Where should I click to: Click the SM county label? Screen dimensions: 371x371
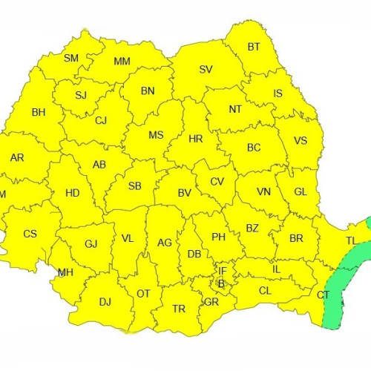click(x=71, y=58)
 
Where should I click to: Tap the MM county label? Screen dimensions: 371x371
click(x=122, y=61)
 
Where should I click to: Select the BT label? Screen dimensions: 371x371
click(x=254, y=47)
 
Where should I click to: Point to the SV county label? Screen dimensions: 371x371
click(x=206, y=70)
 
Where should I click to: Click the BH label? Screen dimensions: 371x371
click(x=39, y=113)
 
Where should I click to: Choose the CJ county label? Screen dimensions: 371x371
click(x=101, y=120)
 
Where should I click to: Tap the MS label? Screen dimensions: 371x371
click(x=156, y=135)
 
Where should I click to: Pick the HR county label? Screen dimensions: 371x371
click(x=196, y=139)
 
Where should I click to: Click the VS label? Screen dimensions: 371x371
click(x=301, y=141)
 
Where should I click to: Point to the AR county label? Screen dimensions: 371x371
click(x=17, y=157)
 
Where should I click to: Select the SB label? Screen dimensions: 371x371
click(x=135, y=185)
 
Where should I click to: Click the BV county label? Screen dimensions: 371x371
click(x=185, y=193)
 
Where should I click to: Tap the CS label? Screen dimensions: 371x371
click(x=30, y=234)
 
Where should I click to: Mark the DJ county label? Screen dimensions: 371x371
click(x=105, y=301)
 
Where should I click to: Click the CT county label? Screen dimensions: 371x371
click(x=323, y=295)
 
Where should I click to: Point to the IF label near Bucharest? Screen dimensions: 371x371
click(x=222, y=271)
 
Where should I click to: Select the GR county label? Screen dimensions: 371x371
click(x=211, y=302)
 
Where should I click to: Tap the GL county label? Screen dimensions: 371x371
click(x=301, y=191)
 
